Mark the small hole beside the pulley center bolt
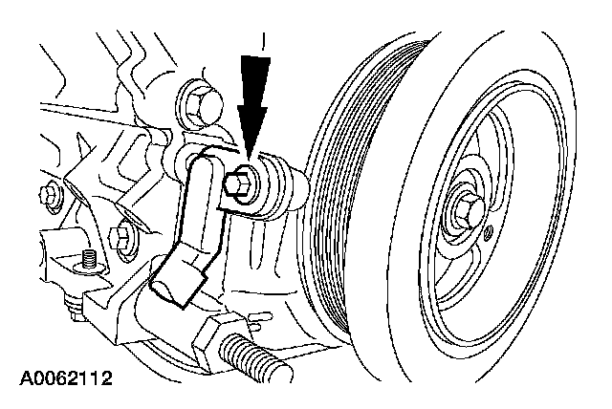tap(489, 234)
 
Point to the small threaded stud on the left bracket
tap(88, 258)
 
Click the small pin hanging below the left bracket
tap(71, 306)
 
